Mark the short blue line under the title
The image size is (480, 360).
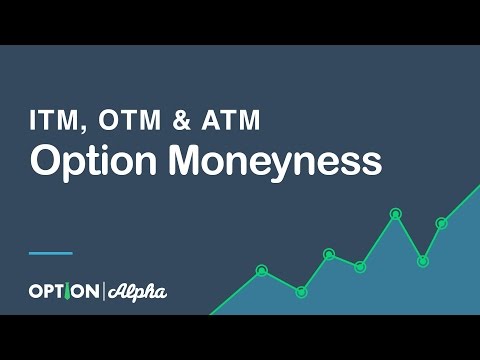(50, 253)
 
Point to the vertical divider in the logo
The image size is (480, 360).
(102, 292)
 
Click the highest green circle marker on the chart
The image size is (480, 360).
(395, 213)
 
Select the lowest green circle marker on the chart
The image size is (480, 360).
(301, 292)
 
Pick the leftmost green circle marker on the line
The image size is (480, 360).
(262, 270)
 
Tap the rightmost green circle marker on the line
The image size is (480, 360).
(441, 223)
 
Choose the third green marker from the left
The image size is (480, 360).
(329, 254)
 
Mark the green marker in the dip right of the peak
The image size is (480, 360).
(423, 261)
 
